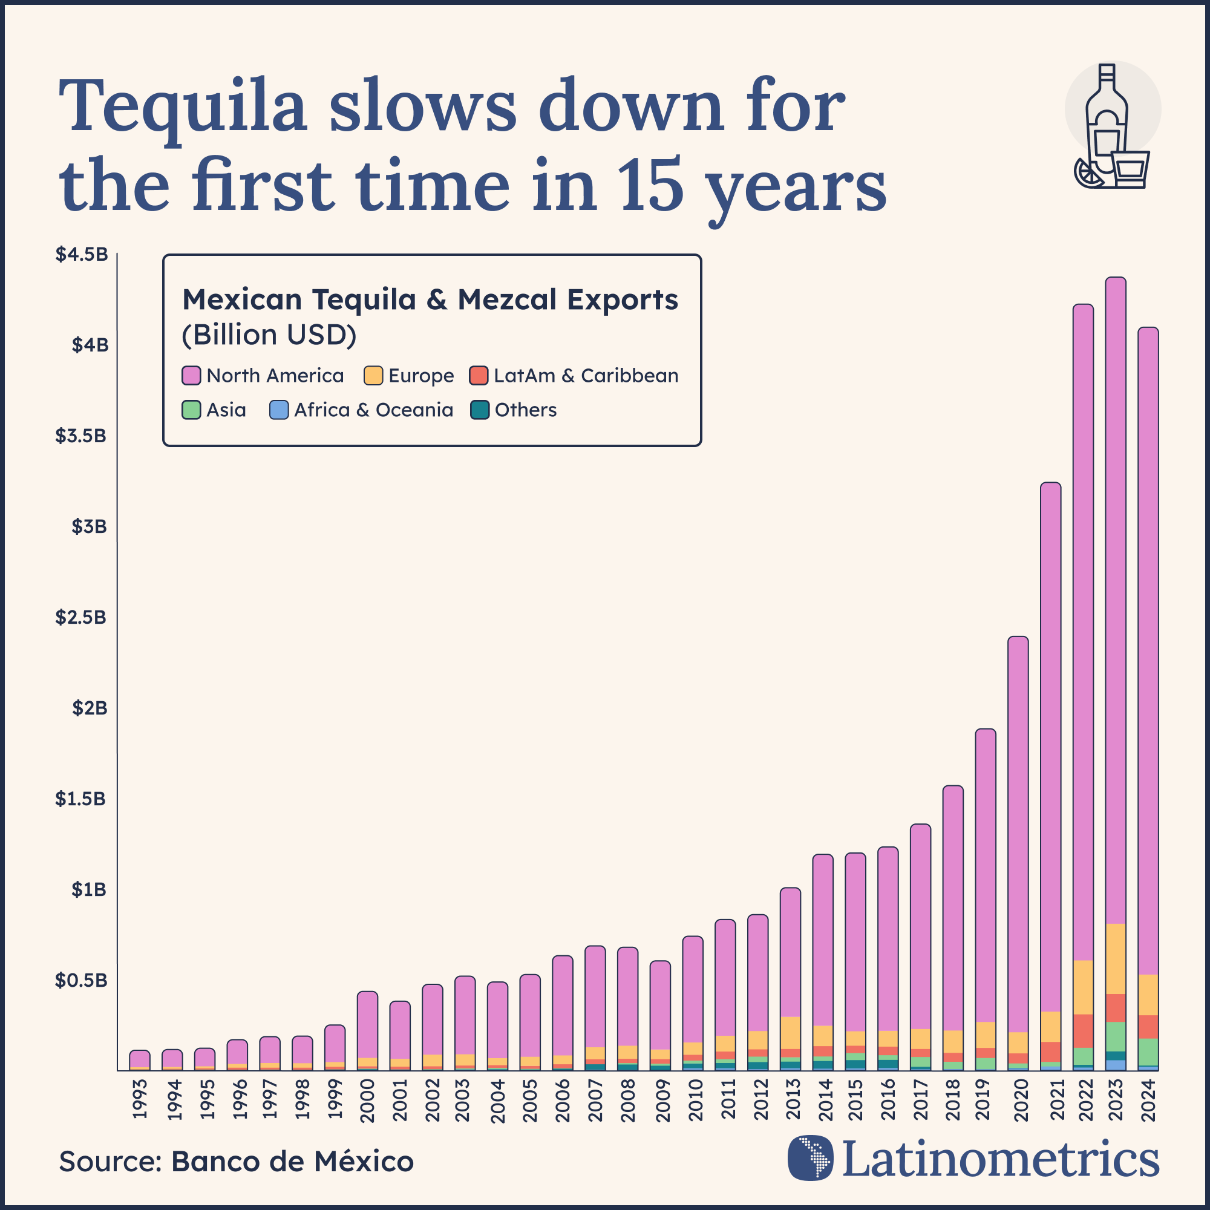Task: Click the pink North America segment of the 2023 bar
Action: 1116,601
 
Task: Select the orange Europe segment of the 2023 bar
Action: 1116,959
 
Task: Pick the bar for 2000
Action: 368,1027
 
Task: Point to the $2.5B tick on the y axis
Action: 81,618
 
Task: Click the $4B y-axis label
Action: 90,345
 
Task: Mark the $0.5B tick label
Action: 81,980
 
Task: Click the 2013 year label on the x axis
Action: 793,1099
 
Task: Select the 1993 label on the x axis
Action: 140,1099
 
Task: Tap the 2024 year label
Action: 1148,1099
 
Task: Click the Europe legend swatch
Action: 373,376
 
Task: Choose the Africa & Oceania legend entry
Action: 373,410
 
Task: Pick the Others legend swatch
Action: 480,410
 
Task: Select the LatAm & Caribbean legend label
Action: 586,376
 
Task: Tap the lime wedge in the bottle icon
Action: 1088,173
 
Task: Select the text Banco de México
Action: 292,1162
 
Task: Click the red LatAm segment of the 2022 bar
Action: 1083,1031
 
